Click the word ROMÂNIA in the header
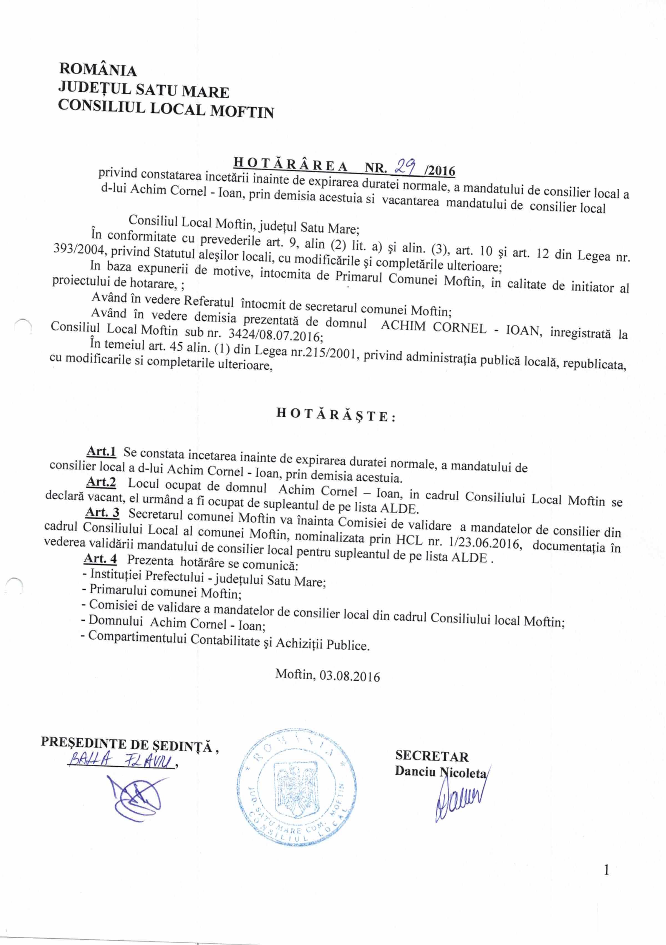(x=98, y=70)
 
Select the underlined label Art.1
(x=101, y=451)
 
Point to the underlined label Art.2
(x=101, y=482)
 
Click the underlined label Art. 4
(x=100, y=558)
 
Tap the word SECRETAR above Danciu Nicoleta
(x=432, y=756)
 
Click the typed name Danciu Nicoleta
(x=440, y=771)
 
